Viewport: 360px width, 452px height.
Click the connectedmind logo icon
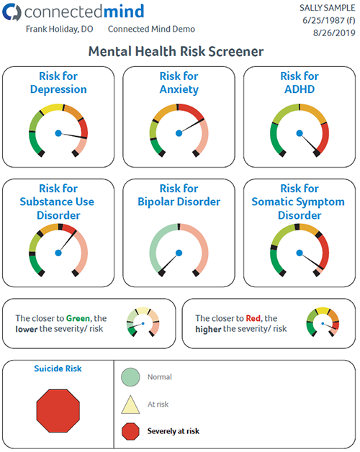(12, 12)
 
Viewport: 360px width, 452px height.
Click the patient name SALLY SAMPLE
(327, 8)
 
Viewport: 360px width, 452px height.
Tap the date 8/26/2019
(334, 33)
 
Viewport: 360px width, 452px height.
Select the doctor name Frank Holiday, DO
(60, 29)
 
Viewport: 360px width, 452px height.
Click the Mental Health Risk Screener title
(176, 52)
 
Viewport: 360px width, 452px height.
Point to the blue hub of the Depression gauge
(58, 133)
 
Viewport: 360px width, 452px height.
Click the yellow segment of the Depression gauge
(52, 109)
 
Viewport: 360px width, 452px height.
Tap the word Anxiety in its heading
(179, 90)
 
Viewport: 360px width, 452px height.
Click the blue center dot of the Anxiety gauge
(179, 133)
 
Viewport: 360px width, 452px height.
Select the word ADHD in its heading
(300, 89)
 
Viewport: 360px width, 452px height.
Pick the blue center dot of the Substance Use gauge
(58, 253)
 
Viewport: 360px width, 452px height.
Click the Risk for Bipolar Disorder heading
(179, 195)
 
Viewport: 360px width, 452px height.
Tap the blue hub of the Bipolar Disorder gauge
(179, 253)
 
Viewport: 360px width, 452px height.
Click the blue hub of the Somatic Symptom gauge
(300, 253)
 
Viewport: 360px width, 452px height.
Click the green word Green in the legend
(78, 318)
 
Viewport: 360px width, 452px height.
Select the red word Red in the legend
(253, 318)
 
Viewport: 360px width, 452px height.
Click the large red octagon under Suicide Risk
(58, 411)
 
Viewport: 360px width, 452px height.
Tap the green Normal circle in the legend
(130, 376)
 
